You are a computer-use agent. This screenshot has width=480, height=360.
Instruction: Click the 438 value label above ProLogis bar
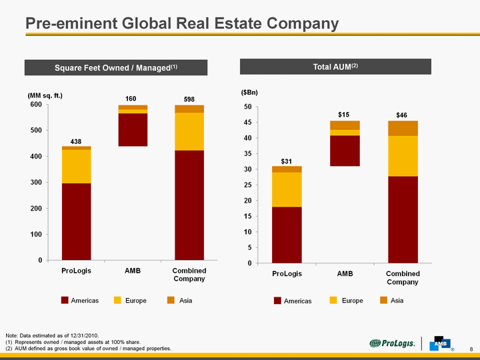[x=77, y=141]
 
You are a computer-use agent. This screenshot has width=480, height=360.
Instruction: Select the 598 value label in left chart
[x=189, y=99]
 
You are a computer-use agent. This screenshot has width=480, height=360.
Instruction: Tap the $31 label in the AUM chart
[x=286, y=161]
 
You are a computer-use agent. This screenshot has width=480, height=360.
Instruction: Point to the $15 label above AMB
[x=344, y=115]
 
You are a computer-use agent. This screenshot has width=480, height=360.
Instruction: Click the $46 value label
[x=402, y=115]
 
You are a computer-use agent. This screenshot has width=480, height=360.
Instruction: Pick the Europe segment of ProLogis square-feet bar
[x=77, y=167]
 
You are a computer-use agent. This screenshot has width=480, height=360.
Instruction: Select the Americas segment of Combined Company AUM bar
[x=403, y=219]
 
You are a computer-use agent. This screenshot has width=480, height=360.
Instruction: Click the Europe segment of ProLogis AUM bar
[x=286, y=189]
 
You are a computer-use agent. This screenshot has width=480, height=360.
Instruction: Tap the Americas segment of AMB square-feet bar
[x=133, y=129]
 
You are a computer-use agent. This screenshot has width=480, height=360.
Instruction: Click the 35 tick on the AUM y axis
[x=247, y=154]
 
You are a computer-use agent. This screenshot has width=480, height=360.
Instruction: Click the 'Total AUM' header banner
[x=336, y=67]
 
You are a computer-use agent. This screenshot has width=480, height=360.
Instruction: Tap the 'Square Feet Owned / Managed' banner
[x=116, y=67]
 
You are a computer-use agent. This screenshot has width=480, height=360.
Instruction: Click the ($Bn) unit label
[x=249, y=92]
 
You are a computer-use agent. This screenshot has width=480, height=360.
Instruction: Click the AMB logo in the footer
[x=441, y=341]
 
